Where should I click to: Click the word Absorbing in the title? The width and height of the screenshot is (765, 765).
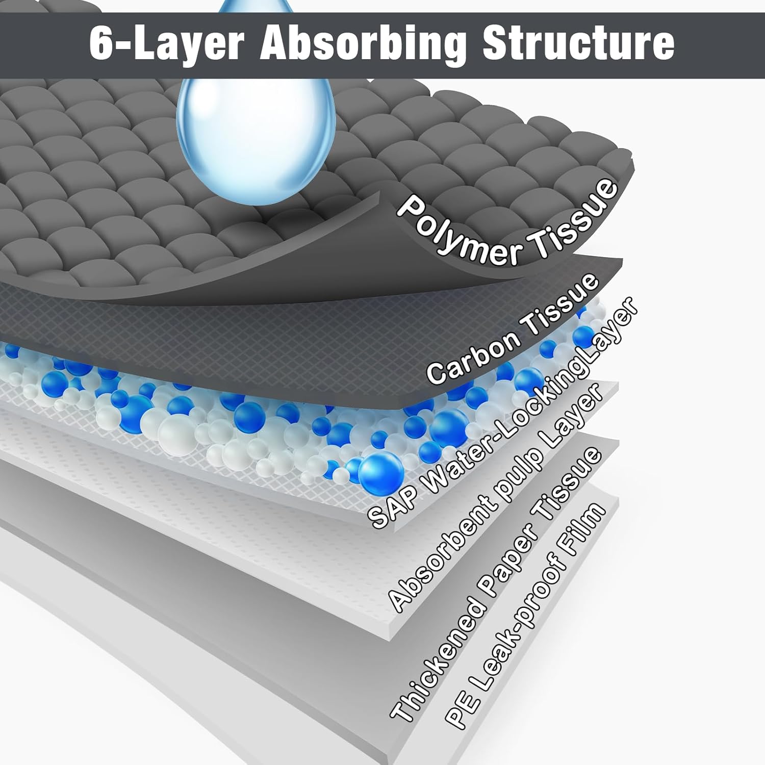coord(362,43)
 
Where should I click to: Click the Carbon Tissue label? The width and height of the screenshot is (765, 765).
coord(513,329)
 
